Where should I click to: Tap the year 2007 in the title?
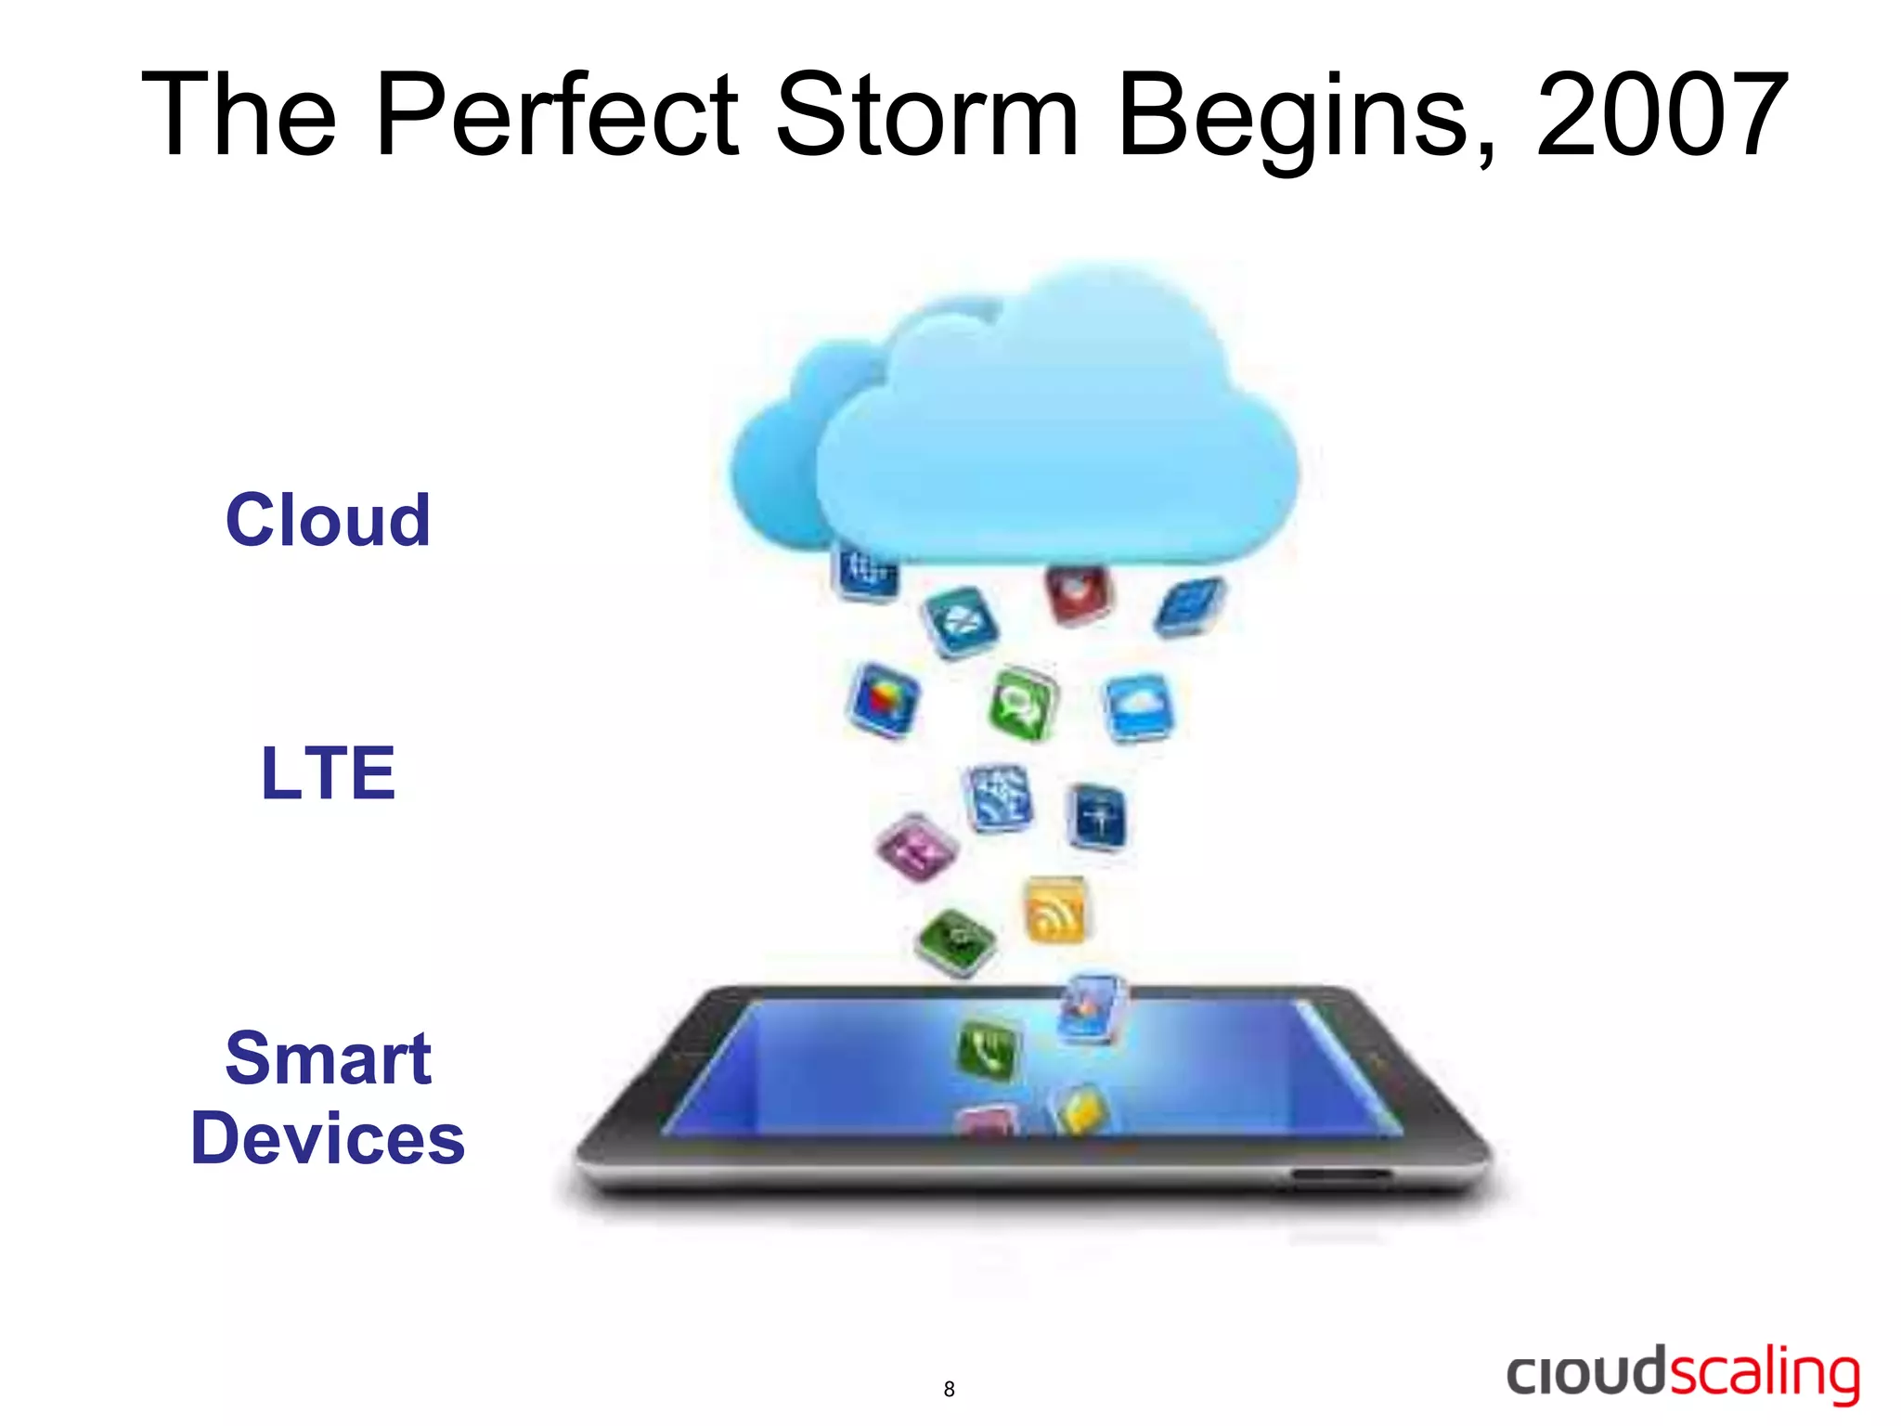tap(1662, 116)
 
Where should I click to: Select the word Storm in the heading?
tap(926, 116)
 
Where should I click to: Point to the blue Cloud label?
tap(328, 520)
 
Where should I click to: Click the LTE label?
tap(328, 772)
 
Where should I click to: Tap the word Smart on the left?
tap(328, 1058)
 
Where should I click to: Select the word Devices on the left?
tap(328, 1139)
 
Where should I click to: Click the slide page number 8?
tap(949, 1389)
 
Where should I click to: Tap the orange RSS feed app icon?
tap(1055, 910)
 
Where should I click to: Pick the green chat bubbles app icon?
tap(1023, 704)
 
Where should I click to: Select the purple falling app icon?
tap(917, 847)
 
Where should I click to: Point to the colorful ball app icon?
tap(883, 700)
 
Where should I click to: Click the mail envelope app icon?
tap(960, 622)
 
